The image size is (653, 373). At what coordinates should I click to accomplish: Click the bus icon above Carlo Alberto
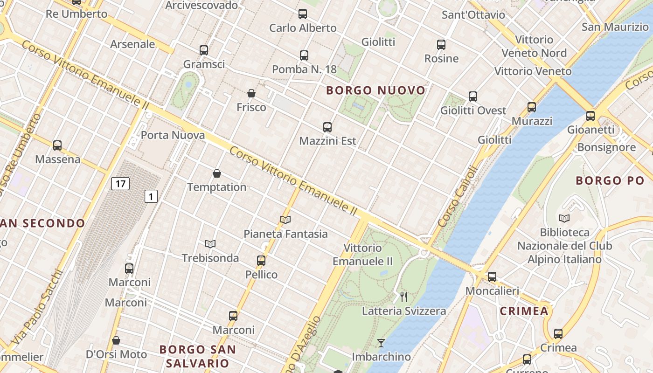coord(303,14)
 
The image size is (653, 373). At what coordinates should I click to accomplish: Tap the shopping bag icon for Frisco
coord(251,93)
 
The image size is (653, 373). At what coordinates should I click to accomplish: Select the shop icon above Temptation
coord(217,173)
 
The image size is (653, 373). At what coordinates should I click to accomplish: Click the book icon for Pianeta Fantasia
coord(285,220)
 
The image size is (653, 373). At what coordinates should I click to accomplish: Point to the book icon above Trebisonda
coord(210,244)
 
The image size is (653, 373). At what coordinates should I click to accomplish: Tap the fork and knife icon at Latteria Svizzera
coord(404,297)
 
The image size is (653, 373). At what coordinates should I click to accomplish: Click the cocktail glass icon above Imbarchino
coord(381,343)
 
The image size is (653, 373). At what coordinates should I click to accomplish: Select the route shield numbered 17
coord(120,184)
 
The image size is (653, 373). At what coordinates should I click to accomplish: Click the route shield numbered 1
coord(151,197)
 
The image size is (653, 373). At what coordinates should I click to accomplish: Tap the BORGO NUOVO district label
coord(376,90)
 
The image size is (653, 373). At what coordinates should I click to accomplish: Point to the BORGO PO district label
coord(610,180)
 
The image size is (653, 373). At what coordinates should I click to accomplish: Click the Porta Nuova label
coord(173,135)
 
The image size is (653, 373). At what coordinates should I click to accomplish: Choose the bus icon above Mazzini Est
coord(327,127)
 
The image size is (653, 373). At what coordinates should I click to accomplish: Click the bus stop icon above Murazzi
coord(532,107)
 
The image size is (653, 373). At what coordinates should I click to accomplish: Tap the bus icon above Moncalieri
coord(492,277)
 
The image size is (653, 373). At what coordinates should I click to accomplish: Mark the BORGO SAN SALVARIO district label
coord(197,356)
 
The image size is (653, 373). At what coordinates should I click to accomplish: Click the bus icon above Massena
coord(57,145)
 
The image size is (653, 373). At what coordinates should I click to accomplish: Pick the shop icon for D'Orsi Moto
coord(116,340)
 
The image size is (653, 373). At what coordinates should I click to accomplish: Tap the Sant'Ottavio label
coord(473,15)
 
